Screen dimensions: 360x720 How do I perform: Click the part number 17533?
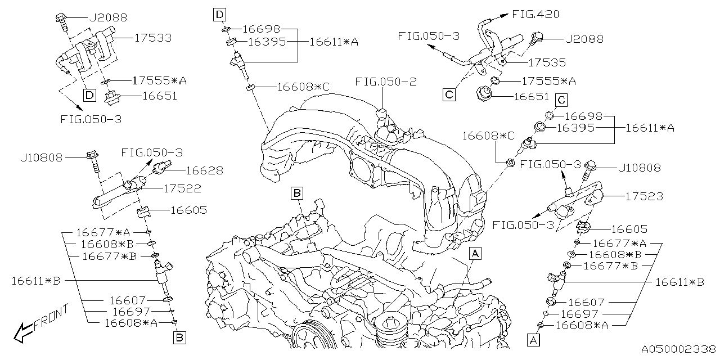(152, 38)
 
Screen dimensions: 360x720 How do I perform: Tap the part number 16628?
(204, 170)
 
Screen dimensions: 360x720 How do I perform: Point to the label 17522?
(182, 188)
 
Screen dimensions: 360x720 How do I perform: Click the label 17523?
(644, 196)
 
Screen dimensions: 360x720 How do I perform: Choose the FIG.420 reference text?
(536, 15)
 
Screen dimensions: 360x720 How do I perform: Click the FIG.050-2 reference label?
(386, 82)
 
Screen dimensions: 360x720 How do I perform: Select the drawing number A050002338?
(679, 349)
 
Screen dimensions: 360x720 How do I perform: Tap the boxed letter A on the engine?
(475, 254)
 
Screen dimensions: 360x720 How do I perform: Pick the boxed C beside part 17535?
(449, 94)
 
